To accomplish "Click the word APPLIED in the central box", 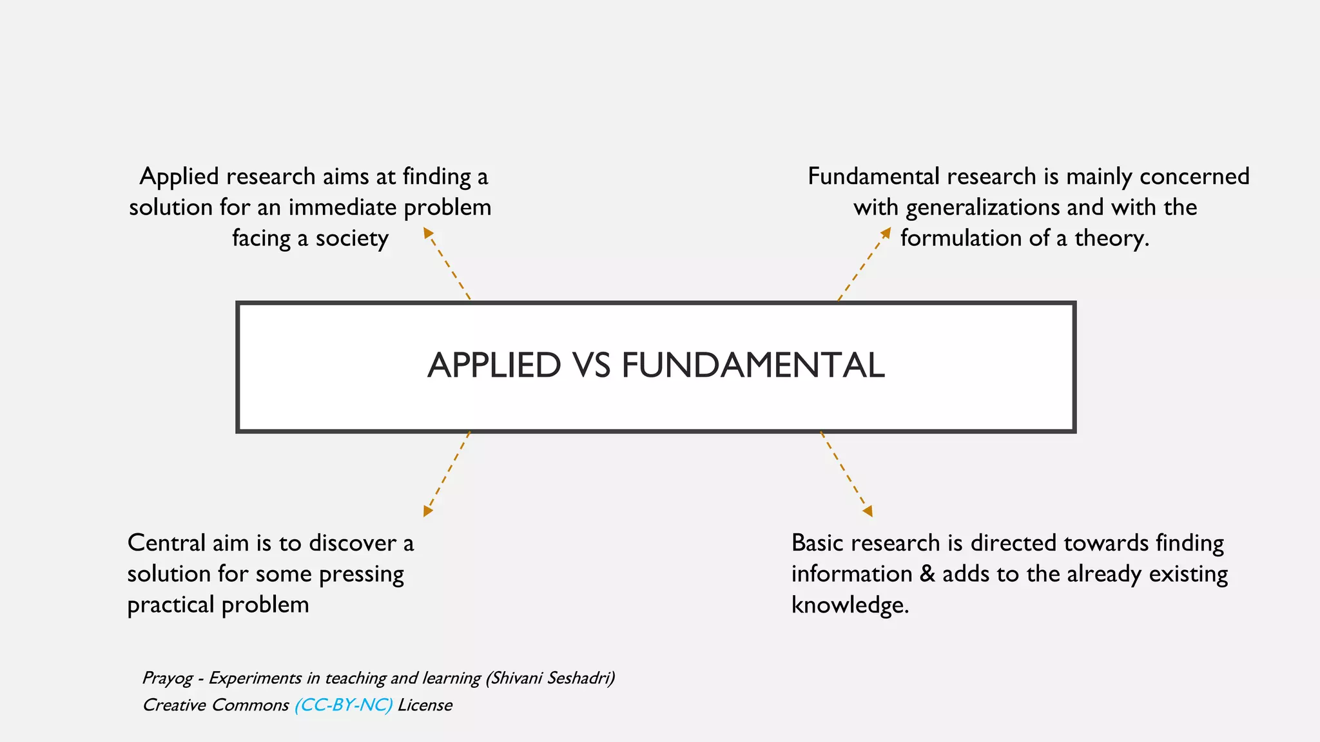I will pyautogui.click(x=494, y=366).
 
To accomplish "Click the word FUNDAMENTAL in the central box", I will pyautogui.click(x=753, y=366).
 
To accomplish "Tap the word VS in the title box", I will pyautogui.click(x=590, y=366).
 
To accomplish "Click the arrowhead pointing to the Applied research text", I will pyautogui.click(x=428, y=233).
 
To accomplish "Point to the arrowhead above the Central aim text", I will pyautogui.click(x=427, y=511).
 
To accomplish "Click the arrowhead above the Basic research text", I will pyautogui.click(x=868, y=511).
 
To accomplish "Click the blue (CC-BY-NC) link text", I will pyautogui.click(x=343, y=705).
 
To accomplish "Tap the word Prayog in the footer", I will pyautogui.click(x=167, y=678).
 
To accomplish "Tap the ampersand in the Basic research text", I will pyautogui.click(x=927, y=574).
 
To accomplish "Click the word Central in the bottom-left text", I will pyautogui.click(x=166, y=543).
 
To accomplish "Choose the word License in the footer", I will pyautogui.click(x=425, y=705).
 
